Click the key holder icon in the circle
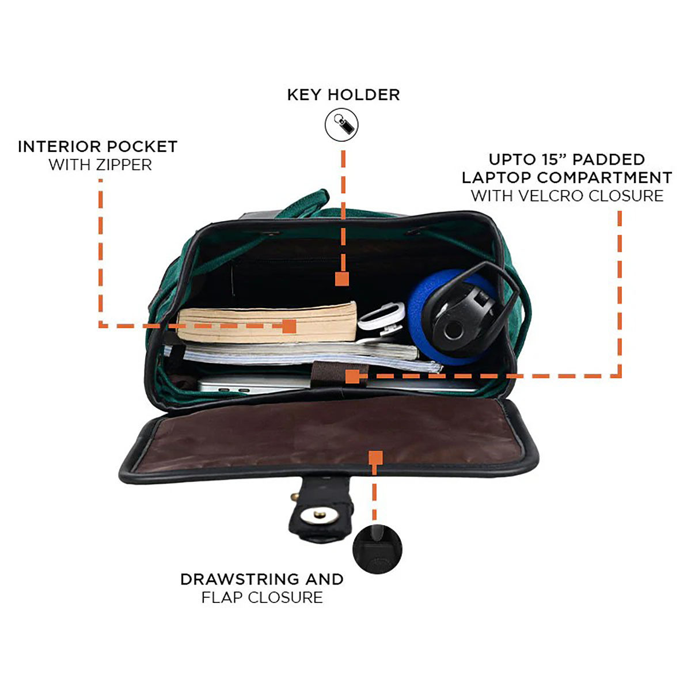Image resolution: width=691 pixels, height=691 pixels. point(341,124)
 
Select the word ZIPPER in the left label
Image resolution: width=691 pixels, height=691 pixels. point(123,165)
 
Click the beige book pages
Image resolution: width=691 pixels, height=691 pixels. point(267,321)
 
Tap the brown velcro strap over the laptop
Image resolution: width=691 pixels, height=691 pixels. point(337,375)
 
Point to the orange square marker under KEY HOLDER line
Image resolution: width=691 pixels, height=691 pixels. point(341,279)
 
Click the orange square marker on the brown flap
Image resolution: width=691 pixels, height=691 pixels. point(375,458)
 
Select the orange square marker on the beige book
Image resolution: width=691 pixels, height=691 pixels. point(289,326)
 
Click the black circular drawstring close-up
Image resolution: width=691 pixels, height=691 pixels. point(377,549)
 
